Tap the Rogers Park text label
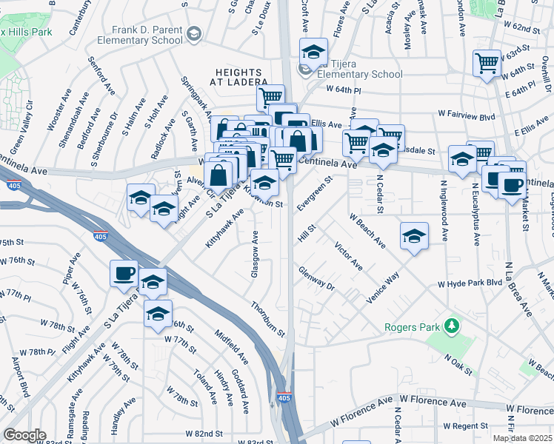412,327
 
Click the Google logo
24,434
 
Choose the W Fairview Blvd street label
466,115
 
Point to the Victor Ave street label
347,255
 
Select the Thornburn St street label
267,319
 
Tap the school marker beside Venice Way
415,237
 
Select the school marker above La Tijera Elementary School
313,52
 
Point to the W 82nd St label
204,433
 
